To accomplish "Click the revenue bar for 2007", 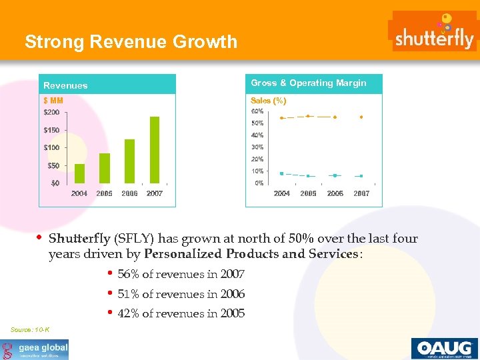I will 155,149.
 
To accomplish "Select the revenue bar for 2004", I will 80,173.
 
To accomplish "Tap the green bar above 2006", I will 129,161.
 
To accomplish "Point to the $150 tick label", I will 51,130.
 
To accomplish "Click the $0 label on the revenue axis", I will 55,183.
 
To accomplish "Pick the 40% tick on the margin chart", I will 257,135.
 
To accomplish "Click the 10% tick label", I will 257,171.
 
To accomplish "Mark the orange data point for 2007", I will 361,117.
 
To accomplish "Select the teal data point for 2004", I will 282,173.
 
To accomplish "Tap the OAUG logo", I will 443,348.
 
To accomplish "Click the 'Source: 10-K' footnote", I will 30,330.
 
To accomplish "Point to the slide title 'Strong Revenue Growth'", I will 131,42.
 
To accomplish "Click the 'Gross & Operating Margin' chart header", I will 308,83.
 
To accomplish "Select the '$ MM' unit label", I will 53,101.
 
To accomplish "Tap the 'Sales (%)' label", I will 268,101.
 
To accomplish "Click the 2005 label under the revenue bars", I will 105,193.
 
